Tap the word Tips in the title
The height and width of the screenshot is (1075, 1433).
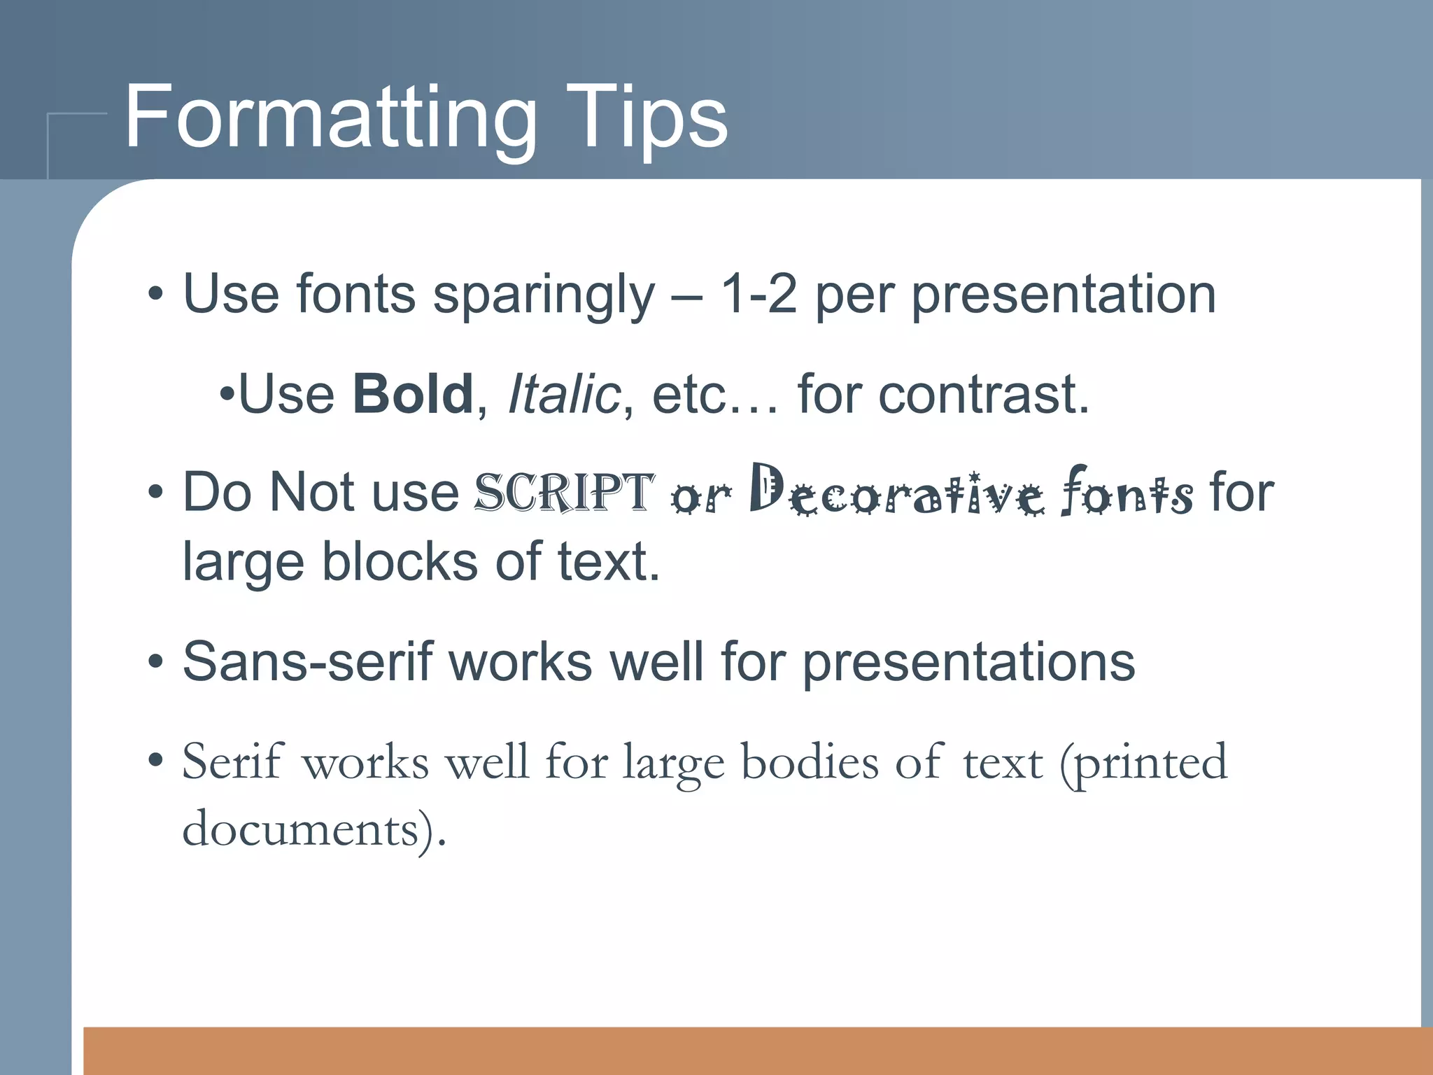[647, 118]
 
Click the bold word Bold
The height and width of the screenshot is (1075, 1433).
[413, 394]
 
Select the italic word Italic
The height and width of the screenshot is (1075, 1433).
[564, 394]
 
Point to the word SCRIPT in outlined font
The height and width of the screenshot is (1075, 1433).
[564, 492]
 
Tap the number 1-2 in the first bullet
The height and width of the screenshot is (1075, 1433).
[758, 294]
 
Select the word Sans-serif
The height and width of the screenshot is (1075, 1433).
[307, 662]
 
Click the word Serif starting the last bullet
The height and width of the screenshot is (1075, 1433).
[232, 761]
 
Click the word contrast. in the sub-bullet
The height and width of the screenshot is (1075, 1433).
[983, 394]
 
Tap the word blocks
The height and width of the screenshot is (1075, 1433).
[400, 562]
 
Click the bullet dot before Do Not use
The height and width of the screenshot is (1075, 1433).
[155, 492]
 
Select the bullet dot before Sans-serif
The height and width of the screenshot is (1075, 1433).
[155, 662]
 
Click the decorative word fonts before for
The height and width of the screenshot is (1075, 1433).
[1127, 492]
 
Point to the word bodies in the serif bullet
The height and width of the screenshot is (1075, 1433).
[809, 761]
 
